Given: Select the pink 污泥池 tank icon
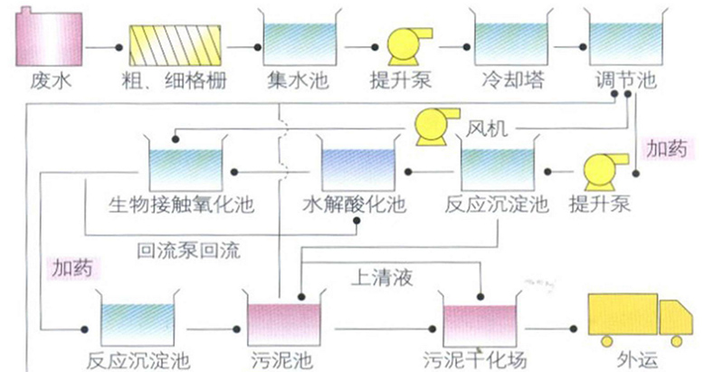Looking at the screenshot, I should (x=285, y=321).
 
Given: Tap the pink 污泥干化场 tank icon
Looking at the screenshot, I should (x=480, y=321).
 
